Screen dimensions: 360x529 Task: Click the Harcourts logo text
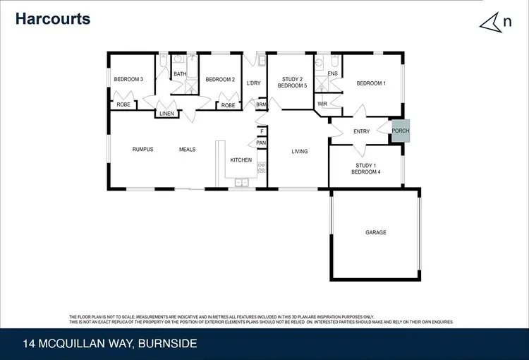tap(54, 19)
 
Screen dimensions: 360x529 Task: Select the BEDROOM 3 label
tap(128, 79)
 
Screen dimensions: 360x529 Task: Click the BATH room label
tap(180, 73)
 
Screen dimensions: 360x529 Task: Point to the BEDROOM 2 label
tap(220, 79)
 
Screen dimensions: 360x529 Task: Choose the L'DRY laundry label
tap(254, 83)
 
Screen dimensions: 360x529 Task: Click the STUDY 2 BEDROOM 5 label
tap(291, 83)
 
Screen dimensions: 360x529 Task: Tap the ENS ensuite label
tap(333, 73)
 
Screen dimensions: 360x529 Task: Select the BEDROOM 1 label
tap(371, 83)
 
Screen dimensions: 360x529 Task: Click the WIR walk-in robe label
tap(322, 104)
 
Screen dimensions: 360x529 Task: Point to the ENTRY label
tap(362, 131)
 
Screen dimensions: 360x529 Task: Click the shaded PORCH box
tap(401, 131)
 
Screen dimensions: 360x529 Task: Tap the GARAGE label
tap(376, 232)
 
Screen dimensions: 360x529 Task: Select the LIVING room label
tap(300, 151)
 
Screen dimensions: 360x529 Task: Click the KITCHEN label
tap(241, 160)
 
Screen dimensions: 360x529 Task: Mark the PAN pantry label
tap(261, 143)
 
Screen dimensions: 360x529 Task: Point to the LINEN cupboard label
tap(166, 113)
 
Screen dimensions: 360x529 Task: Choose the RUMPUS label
tap(143, 149)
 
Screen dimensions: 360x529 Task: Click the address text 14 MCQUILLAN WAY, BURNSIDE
tap(110, 344)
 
